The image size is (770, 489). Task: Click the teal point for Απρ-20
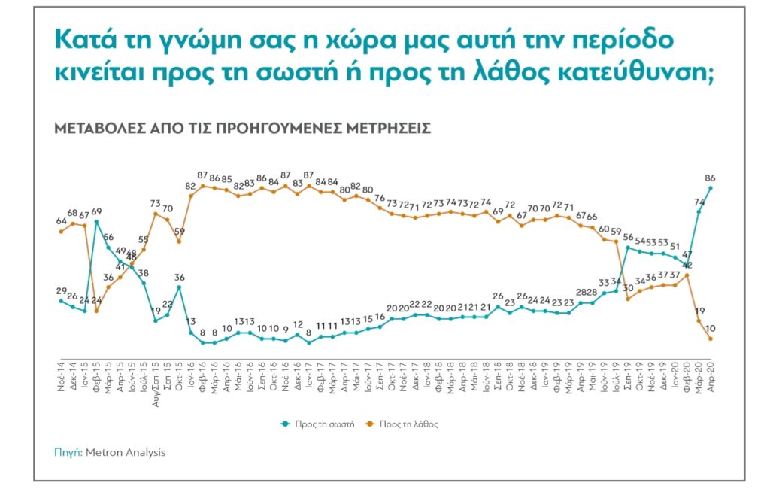pyautogui.click(x=711, y=188)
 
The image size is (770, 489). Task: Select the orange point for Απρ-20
pyautogui.click(x=711, y=339)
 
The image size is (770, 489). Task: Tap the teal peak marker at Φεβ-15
pyautogui.click(x=96, y=222)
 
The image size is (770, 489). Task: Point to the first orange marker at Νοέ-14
pyautogui.click(x=61, y=231)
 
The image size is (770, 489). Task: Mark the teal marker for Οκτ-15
pyautogui.click(x=179, y=287)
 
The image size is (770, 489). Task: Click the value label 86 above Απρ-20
pyautogui.click(x=709, y=178)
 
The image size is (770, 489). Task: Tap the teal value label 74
pyautogui.click(x=698, y=202)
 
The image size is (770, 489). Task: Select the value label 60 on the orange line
pyautogui.click(x=603, y=229)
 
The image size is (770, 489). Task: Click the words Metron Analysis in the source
pyautogui.click(x=125, y=453)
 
